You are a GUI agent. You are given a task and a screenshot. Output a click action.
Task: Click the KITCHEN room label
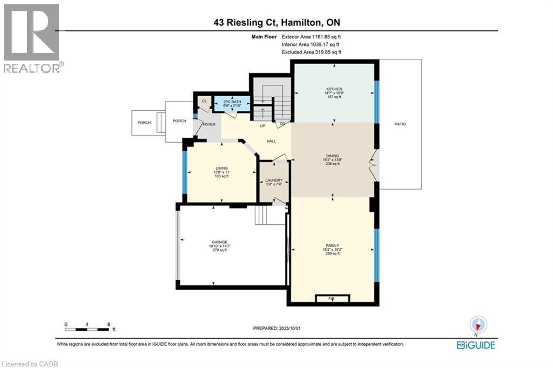tap(334, 89)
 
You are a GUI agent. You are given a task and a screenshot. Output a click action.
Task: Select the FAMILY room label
tap(332, 245)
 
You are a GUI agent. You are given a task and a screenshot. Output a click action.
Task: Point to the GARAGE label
tap(219, 242)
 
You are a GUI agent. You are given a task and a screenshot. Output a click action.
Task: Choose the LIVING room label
tap(221, 168)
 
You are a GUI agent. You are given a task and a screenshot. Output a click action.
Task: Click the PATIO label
tap(400, 124)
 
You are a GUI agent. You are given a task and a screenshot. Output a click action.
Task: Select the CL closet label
tap(204, 101)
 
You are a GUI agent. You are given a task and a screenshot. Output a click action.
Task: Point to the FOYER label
tap(210, 124)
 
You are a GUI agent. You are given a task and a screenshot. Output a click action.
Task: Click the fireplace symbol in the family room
tap(332, 298)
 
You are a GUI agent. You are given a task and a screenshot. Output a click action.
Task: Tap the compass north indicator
tap(478, 325)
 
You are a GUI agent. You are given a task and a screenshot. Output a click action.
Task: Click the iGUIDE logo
tap(475, 345)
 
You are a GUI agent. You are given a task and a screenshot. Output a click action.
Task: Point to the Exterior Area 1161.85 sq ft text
tap(311, 37)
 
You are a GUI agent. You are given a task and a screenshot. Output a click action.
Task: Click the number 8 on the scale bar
tap(109, 325)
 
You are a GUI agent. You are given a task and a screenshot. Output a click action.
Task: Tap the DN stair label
tap(282, 123)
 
